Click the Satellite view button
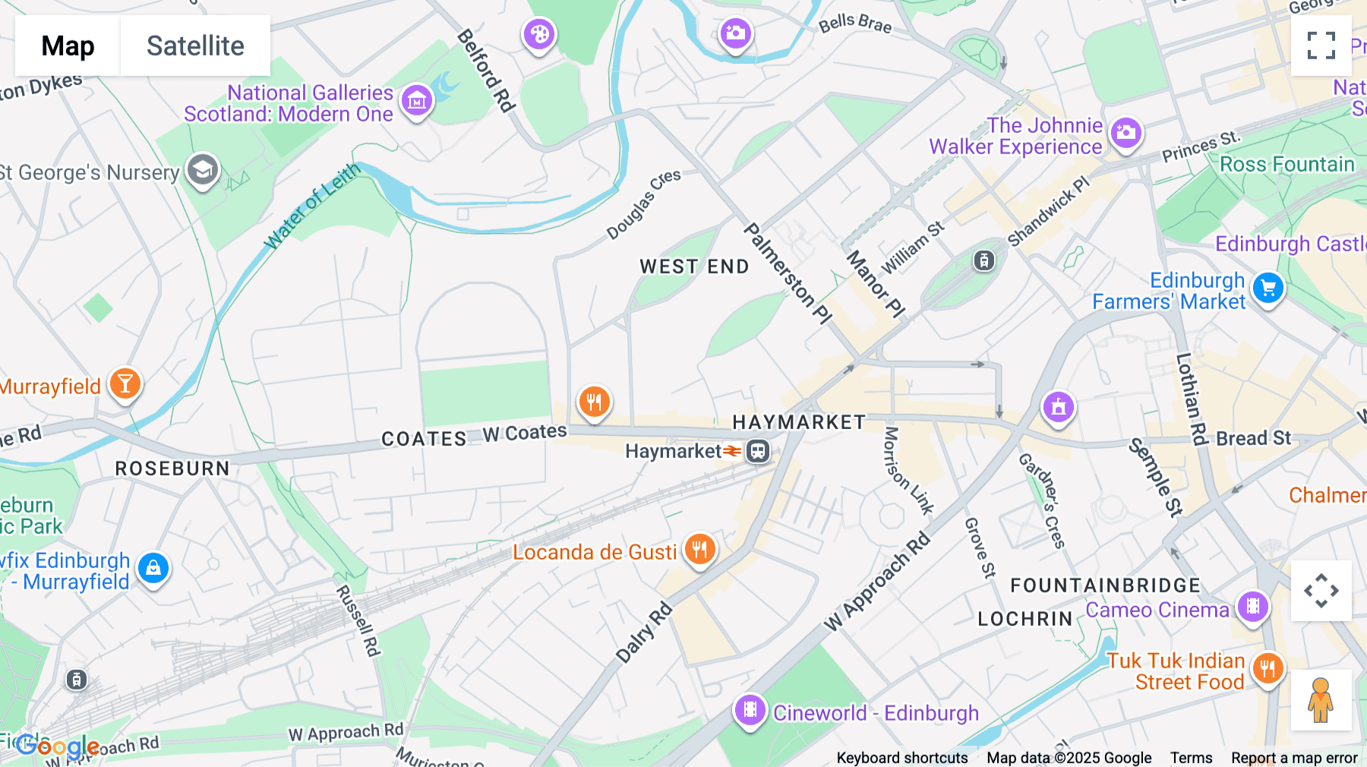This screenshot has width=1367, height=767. tap(195, 46)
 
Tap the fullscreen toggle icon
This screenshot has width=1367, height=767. tap(1321, 46)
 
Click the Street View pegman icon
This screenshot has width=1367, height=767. tap(1321, 700)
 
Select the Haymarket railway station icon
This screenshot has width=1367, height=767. tap(757, 451)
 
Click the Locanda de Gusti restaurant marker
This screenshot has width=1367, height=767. tap(699, 548)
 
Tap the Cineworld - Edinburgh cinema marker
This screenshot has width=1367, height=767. tap(750, 710)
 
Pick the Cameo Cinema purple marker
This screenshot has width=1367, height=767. tap(1252, 607)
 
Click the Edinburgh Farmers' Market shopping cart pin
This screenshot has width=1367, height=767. tap(1268, 289)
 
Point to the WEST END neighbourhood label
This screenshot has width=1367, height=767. tap(694, 267)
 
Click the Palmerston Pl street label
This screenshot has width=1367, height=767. tap(787, 273)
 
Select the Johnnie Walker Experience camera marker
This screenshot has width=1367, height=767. tap(1125, 134)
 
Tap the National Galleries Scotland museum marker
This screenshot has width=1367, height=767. tap(416, 100)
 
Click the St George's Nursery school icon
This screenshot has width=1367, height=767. tap(202, 171)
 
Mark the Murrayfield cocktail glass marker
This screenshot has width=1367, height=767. tap(125, 384)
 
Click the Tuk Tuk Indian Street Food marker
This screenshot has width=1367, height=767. tap(1267, 669)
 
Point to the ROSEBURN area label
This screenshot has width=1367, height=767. tap(172, 469)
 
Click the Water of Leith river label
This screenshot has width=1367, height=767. tap(311, 207)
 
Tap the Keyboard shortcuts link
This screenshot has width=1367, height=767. tap(901, 758)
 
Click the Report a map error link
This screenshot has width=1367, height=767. tap(1294, 758)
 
